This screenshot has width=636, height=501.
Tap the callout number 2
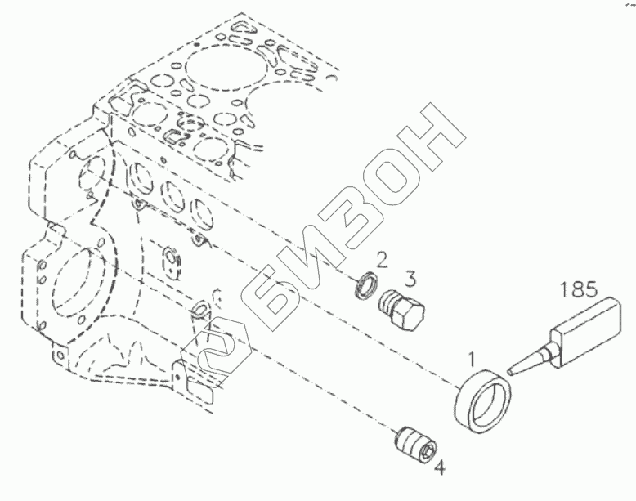[x=381, y=260]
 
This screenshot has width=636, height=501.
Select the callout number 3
[x=411, y=279]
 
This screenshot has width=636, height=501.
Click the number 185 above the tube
[x=580, y=289]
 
